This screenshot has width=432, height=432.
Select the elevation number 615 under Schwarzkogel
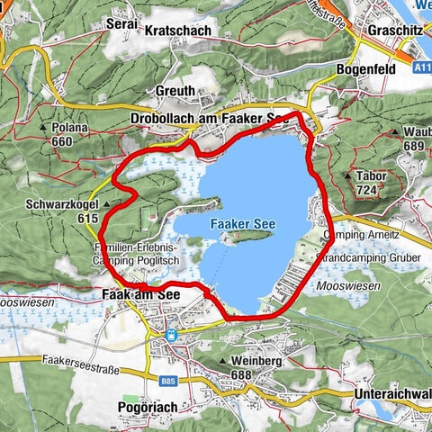click(87, 219)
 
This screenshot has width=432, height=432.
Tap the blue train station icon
click(169, 335)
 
